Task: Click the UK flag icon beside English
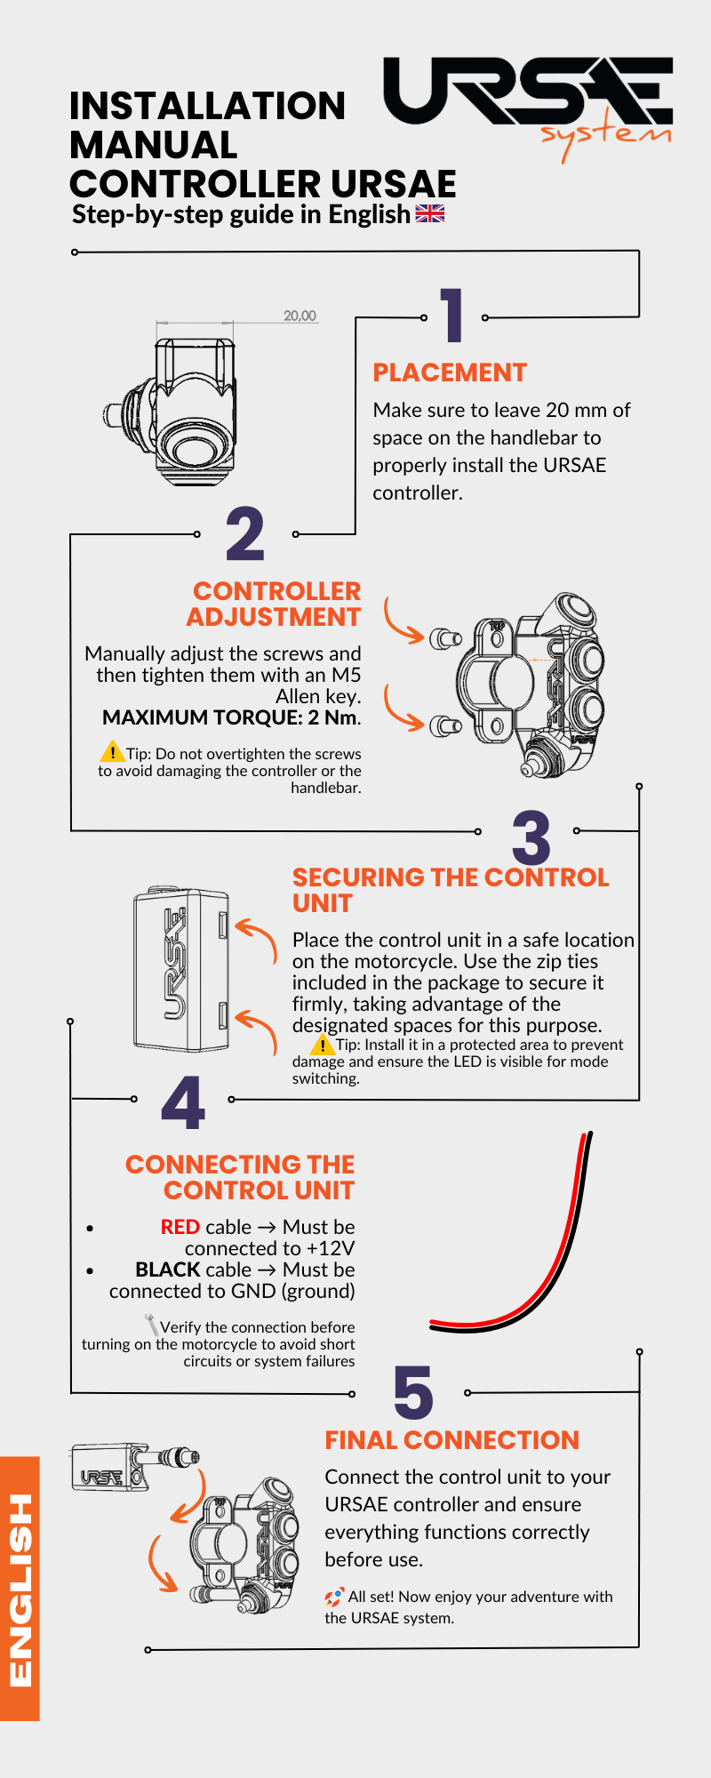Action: tap(430, 213)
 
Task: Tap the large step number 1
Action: tap(453, 315)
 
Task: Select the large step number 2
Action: tap(245, 533)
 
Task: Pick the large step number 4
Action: tap(183, 1102)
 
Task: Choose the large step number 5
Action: tap(413, 1393)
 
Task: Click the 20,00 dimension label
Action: tap(300, 316)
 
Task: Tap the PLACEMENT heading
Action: tap(450, 372)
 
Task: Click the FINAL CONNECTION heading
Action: tap(451, 1440)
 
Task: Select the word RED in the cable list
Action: tap(180, 1227)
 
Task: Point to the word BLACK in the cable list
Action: tap(167, 1269)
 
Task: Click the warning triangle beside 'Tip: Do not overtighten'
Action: tap(112, 752)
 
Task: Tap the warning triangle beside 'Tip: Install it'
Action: tap(323, 1044)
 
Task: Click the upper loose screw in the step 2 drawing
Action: tap(445, 638)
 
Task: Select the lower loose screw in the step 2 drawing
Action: tap(445, 726)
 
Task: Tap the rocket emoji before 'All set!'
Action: tap(334, 1597)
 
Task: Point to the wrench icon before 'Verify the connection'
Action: tap(151, 1325)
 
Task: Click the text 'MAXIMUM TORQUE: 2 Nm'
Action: tap(230, 717)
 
